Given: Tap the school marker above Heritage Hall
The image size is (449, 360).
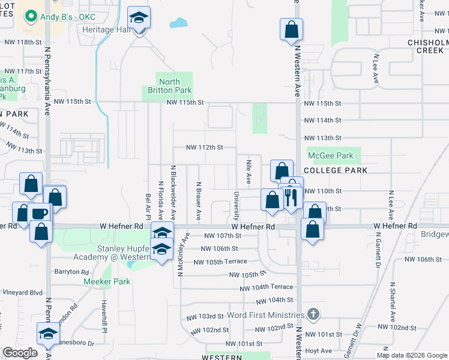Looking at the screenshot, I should pyautogui.click(x=139, y=19).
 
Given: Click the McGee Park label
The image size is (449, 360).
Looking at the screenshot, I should pyautogui.click(x=330, y=155).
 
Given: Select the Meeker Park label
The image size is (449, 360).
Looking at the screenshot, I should pyautogui.click(x=106, y=281).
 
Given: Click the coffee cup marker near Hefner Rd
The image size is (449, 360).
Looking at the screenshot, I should pyautogui.click(x=40, y=214).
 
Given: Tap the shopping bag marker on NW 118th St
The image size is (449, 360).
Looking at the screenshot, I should pyautogui.click(x=291, y=29).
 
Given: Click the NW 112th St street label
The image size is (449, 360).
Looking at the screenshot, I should pyautogui.click(x=204, y=147).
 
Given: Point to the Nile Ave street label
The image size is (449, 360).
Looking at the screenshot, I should pyautogui.click(x=249, y=172).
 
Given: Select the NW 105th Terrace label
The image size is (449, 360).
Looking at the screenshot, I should pyautogui.click(x=220, y=262).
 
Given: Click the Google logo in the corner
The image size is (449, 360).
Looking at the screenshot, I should pyautogui.click(x=20, y=353).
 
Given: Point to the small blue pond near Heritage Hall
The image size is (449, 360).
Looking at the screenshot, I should pyautogui.click(x=178, y=23).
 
